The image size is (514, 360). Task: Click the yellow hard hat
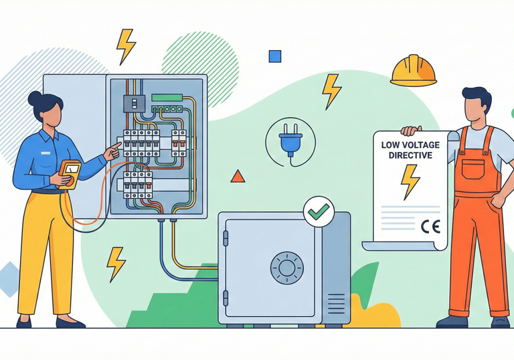413,70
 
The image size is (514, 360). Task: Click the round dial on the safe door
286,268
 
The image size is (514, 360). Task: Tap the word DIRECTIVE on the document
411,155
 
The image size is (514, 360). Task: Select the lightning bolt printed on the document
410,181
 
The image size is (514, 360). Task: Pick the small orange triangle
238,177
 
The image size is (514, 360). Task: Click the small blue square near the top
274,56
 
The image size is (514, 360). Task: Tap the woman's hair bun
35,98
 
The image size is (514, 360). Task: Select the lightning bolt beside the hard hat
331,90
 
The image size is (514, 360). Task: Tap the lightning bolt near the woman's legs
116,263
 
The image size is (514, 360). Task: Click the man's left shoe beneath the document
452,321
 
